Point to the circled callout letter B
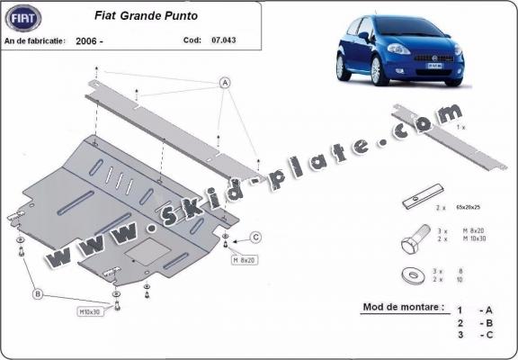coord(38,292)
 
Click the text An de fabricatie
coord(35,40)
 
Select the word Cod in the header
coord(192,40)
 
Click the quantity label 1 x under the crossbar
coord(460,129)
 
